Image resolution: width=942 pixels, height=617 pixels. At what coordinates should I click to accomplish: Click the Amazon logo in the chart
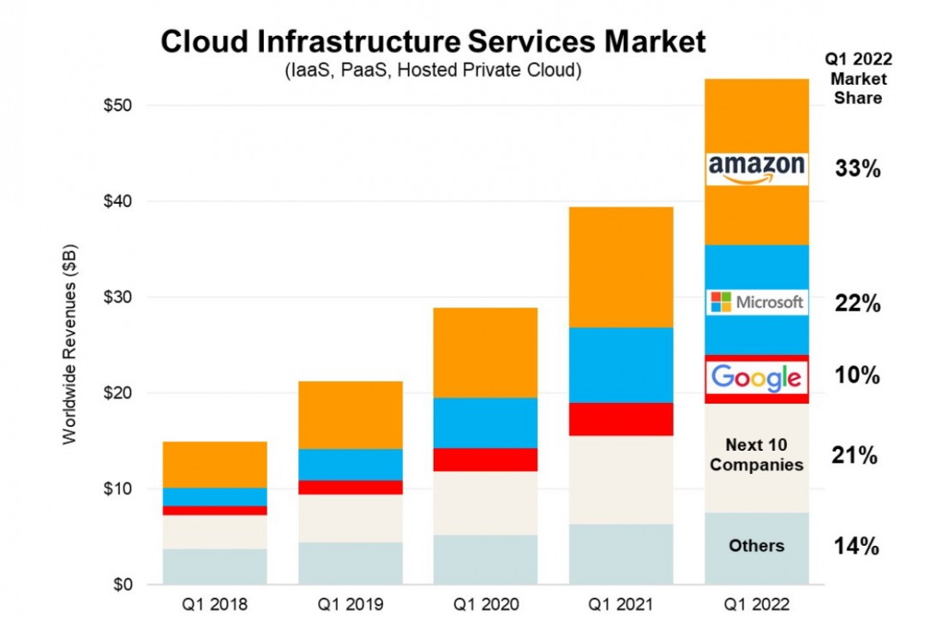pyautogui.click(x=757, y=169)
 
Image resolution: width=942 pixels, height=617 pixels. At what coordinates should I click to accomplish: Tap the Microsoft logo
pyautogui.click(x=757, y=302)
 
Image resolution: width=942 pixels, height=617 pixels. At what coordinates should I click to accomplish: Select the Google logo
pyautogui.click(x=757, y=377)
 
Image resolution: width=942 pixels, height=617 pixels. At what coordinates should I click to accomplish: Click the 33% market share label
pyautogui.click(x=857, y=169)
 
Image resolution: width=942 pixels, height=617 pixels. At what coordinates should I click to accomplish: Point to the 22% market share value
pyautogui.click(x=857, y=303)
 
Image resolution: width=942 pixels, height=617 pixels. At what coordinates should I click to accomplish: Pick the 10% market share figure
pyautogui.click(x=857, y=375)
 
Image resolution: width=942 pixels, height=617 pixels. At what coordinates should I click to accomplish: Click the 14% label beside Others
pyautogui.click(x=857, y=546)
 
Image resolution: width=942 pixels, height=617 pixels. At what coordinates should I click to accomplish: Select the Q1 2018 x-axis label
pyautogui.click(x=214, y=603)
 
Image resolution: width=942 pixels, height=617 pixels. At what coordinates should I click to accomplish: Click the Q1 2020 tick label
pyautogui.click(x=485, y=603)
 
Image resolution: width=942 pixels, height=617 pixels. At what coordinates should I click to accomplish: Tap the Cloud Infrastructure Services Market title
pyautogui.click(x=434, y=41)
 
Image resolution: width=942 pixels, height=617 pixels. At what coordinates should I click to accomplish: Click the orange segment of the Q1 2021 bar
pyautogui.click(x=621, y=267)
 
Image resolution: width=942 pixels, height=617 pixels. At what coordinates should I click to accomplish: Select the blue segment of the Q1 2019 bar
pyautogui.click(x=350, y=464)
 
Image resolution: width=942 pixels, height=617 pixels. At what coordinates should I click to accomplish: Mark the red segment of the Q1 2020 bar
pyautogui.click(x=485, y=459)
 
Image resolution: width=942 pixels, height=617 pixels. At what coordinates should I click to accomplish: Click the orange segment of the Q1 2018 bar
pyautogui.click(x=214, y=464)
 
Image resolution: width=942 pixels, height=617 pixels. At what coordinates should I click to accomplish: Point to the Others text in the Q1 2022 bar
pyautogui.click(x=756, y=546)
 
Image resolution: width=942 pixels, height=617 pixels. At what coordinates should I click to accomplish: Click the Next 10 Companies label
pyautogui.click(x=756, y=455)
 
